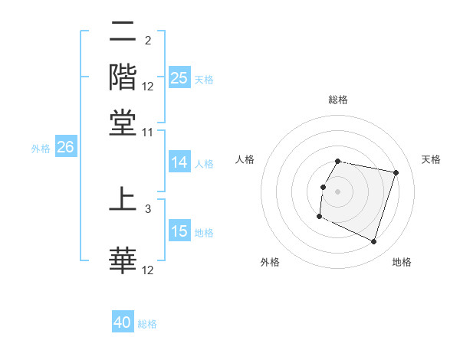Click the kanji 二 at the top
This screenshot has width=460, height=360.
tap(123, 33)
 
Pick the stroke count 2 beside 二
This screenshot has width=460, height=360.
tap(148, 41)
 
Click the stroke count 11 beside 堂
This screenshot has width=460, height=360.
tap(148, 132)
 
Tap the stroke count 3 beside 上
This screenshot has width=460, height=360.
tap(148, 208)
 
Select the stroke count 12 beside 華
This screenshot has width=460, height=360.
tap(148, 270)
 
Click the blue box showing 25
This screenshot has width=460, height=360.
tap(179, 78)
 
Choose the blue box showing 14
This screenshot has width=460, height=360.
tap(179, 162)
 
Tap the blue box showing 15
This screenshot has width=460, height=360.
tap(179, 232)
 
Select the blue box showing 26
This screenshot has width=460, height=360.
tap(65, 148)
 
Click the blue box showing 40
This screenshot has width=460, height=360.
tap(123, 323)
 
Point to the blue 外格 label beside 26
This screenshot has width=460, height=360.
tap(41, 149)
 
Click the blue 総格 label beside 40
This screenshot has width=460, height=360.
tap(148, 324)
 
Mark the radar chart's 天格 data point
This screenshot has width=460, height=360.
tap(396, 173)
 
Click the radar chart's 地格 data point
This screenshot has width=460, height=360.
tap(373, 242)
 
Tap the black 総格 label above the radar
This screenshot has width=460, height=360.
tap(337, 100)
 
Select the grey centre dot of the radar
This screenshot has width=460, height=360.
tap(337, 191)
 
